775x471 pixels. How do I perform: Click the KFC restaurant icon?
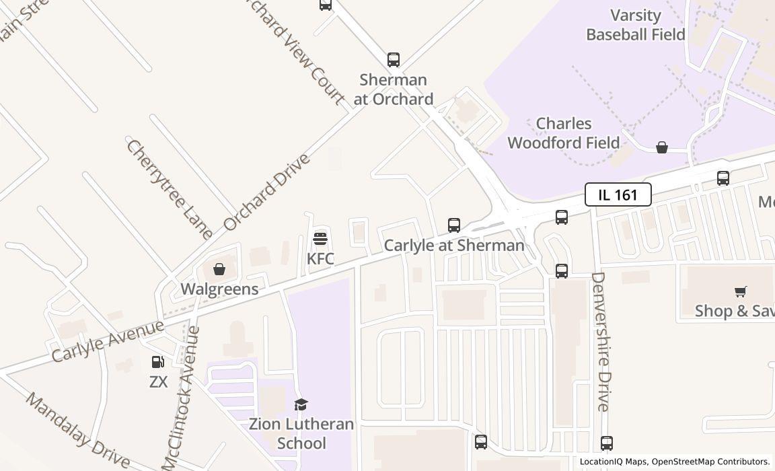(x=320, y=238)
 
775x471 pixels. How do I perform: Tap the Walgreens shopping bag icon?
(x=219, y=270)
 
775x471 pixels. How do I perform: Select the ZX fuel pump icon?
(x=158, y=363)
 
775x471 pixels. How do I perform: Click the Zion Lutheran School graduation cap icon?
(x=301, y=404)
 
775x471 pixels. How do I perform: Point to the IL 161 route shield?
(x=618, y=195)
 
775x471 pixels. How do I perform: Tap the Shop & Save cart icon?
(x=741, y=291)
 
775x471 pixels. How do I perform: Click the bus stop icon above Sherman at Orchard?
(x=394, y=60)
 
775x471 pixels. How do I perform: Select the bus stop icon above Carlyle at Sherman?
(x=454, y=225)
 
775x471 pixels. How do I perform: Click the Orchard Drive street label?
(x=267, y=192)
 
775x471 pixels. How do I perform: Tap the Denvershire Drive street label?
(x=600, y=341)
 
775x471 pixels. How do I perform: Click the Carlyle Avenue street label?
(x=108, y=341)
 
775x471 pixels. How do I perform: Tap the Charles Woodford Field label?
(x=564, y=133)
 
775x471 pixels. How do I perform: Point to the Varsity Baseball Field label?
(x=635, y=25)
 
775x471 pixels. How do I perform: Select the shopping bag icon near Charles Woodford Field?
(x=662, y=147)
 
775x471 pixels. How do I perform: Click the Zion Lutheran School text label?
(x=301, y=433)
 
